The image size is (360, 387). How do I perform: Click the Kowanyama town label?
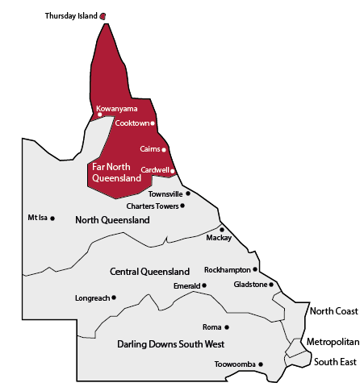click(116, 108)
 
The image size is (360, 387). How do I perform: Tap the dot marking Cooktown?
click(153, 123)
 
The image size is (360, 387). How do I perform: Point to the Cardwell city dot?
click(172, 170)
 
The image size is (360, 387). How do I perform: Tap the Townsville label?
click(165, 193)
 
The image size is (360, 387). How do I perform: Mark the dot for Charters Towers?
click(182, 206)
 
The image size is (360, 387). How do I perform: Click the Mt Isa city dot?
click(52, 218)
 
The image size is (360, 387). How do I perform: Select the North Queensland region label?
click(112, 220)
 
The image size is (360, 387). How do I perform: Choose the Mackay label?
click(219, 238)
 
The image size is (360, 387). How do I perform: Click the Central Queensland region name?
click(150, 272)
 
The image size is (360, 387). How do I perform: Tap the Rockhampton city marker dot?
click(255, 269)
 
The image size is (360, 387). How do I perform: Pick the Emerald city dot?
click(204, 285)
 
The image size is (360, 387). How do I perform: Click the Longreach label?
click(91, 298)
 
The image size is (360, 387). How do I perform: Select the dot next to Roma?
click(227, 327)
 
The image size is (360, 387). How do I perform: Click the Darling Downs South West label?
click(170, 344)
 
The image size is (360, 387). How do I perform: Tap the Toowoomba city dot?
click(260, 364)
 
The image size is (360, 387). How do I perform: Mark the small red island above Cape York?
click(102, 15)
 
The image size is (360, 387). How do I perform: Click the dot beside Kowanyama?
click(100, 114)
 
